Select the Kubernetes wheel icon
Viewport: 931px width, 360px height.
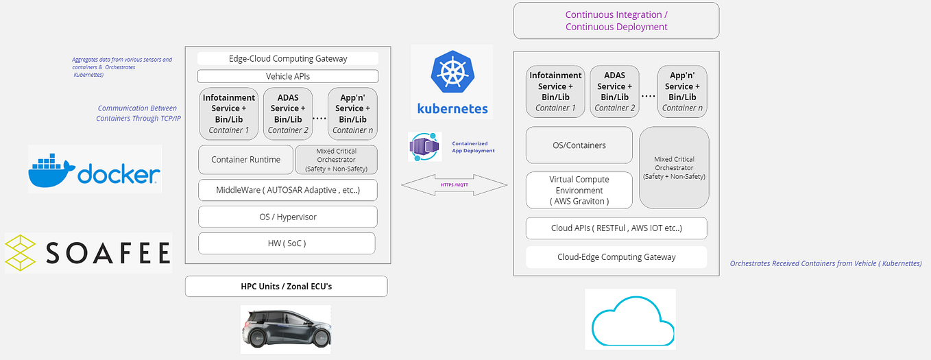(x=452, y=75)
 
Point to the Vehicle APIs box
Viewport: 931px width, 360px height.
(x=288, y=76)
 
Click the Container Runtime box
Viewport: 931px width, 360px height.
(x=245, y=160)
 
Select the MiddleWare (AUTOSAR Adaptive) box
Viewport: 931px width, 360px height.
(x=288, y=190)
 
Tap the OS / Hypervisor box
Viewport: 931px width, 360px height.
(x=288, y=217)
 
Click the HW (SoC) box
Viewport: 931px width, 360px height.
(x=287, y=243)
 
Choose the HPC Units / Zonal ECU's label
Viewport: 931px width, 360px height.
(x=286, y=286)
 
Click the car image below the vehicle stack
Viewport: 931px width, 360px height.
(x=286, y=330)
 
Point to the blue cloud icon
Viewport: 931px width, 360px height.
(x=630, y=320)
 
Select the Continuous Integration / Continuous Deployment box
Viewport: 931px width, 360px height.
(x=616, y=21)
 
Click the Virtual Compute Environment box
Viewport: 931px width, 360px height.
(x=579, y=190)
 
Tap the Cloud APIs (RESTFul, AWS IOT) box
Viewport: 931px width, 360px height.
(x=616, y=228)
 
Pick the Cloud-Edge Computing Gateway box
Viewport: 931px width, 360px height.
(x=616, y=257)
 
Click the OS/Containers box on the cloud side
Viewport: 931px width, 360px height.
(x=579, y=145)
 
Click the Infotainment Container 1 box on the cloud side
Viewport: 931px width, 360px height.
(x=555, y=91)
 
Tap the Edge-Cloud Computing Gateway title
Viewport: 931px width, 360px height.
(x=288, y=58)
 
